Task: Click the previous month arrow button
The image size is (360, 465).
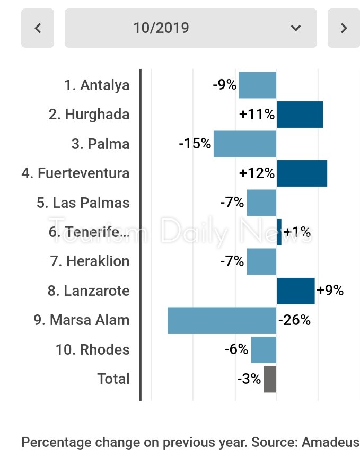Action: click(x=38, y=28)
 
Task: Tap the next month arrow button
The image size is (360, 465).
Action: click(x=344, y=28)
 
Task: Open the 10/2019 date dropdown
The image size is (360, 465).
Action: click(x=191, y=28)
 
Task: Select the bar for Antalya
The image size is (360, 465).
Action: click(x=257, y=85)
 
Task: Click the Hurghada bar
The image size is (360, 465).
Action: click(x=300, y=115)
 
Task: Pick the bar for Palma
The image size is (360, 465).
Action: click(x=245, y=144)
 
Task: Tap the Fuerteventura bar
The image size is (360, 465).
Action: click(x=302, y=173)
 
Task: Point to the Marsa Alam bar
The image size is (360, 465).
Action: click(x=222, y=320)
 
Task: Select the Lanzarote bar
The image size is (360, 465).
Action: click(x=295, y=291)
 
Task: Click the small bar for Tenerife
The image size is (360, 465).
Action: click(x=279, y=232)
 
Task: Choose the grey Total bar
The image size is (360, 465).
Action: click(x=270, y=379)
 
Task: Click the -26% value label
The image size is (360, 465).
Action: click(x=294, y=320)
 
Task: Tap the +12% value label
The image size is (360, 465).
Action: click(x=257, y=173)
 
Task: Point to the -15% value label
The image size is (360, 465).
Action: click(x=195, y=144)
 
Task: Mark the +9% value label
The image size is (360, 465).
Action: click(x=330, y=291)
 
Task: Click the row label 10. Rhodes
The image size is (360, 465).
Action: click(x=92, y=350)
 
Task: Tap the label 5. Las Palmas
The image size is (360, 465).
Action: click(x=83, y=203)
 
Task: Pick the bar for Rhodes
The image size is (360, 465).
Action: click(x=264, y=350)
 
